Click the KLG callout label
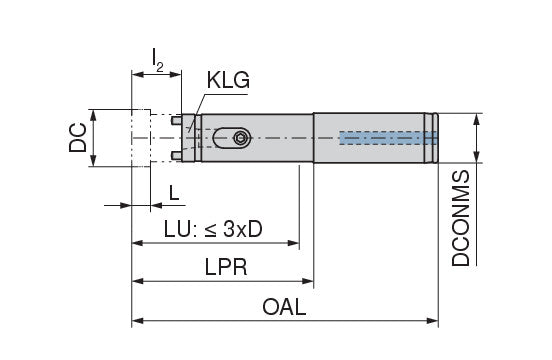pos(228,80)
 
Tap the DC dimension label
pos(78,137)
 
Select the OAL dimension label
pos(284,307)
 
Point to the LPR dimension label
pos(226,267)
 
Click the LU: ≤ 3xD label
pos(213,229)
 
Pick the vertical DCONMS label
pos(461,218)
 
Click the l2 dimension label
pos(157,60)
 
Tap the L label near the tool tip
pos(174,193)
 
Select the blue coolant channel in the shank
pos(389,138)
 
